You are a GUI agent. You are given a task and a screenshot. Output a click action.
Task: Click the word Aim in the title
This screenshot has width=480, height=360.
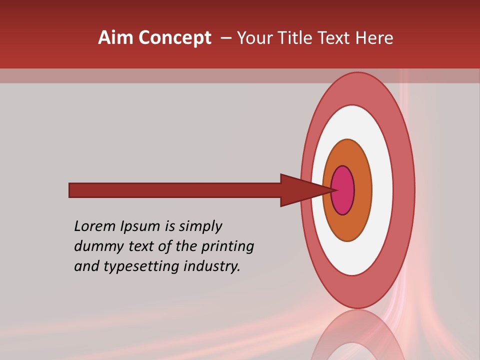(x=116, y=38)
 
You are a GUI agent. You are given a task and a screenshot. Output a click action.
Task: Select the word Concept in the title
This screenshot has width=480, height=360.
(x=174, y=38)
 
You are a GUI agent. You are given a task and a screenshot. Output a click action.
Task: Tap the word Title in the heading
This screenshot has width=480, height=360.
(x=297, y=38)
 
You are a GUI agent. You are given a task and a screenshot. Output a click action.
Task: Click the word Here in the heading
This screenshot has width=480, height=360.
(x=374, y=38)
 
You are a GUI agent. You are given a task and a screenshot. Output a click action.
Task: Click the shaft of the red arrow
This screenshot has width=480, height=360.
(x=175, y=190)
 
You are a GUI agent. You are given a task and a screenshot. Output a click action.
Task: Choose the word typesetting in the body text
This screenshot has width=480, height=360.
(x=142, y=267)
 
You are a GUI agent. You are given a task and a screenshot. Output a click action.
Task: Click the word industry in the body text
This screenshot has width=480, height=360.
(x=212, y=267)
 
